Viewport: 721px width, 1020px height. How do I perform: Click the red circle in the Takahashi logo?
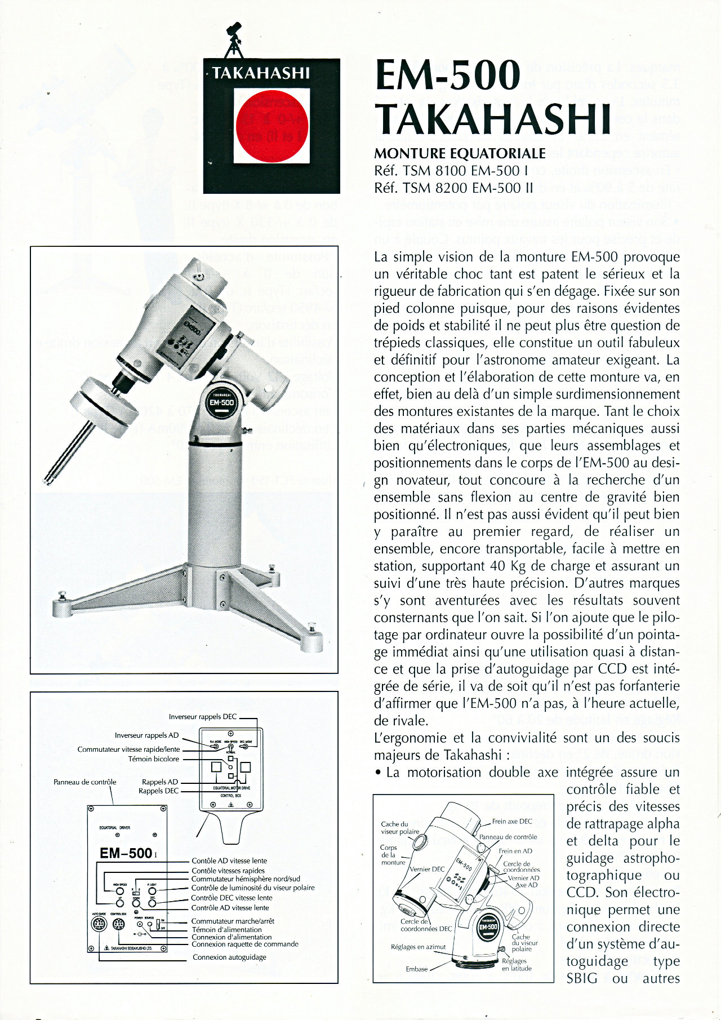(272, 126)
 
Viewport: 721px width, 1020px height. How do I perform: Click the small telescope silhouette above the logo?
(233, 39)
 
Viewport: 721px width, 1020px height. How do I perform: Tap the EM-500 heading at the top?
(448, 76)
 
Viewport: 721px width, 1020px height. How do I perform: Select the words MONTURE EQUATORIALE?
(460, 154)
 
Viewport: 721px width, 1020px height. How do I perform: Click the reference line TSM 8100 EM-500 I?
(451, 170)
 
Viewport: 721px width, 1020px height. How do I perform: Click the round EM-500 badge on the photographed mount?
(221, 402)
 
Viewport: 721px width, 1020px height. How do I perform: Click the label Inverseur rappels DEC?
(203, 717)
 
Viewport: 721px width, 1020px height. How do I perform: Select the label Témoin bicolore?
(154, 759)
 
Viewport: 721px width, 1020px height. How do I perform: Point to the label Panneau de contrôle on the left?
(84, 782)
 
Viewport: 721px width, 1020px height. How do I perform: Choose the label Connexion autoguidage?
(229, 957)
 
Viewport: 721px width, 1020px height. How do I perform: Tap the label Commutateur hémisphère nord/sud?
(246, 879)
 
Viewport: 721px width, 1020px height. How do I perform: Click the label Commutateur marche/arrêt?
(233, 921)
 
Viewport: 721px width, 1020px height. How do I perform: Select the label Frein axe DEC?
(512, 821)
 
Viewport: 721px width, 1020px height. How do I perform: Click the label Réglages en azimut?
(418, 947)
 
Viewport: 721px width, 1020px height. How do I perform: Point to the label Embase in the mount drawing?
(417, 969)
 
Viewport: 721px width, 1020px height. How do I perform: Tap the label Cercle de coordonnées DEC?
(426, 925)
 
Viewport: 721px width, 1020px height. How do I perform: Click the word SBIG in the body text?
(582, 978)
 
